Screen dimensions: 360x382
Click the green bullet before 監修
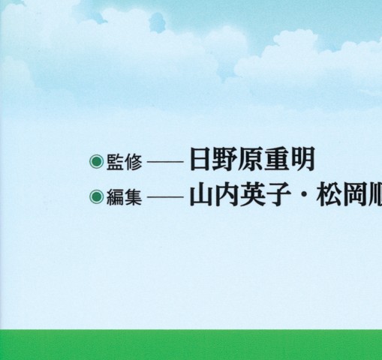pos(95,161)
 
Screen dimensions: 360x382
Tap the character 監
pos(112,162)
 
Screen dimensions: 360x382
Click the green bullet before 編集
pos(95,197)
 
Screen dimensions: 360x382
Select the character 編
pos(112,197)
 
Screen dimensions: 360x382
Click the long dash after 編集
pos(164,197)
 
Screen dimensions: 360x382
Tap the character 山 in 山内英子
pos(200,196)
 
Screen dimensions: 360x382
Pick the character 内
pos(226,196)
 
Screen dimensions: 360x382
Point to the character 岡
pos(353,196)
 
